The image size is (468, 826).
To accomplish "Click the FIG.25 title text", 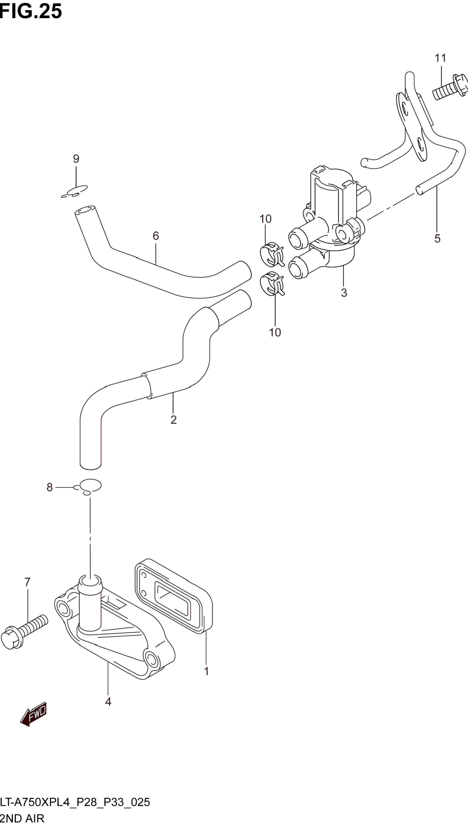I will (30, 11).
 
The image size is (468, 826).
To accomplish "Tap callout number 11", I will (440, 58).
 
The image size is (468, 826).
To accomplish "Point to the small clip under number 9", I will (74, 191).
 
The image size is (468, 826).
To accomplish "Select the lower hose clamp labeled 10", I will (272, 284).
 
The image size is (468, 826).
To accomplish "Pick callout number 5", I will (437, 239).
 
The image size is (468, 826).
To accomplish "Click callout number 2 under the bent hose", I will (173, 420).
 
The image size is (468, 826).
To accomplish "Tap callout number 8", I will (49, 487).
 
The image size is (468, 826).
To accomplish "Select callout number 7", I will (27, 582).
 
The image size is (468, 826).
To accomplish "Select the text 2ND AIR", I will (22, 818).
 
